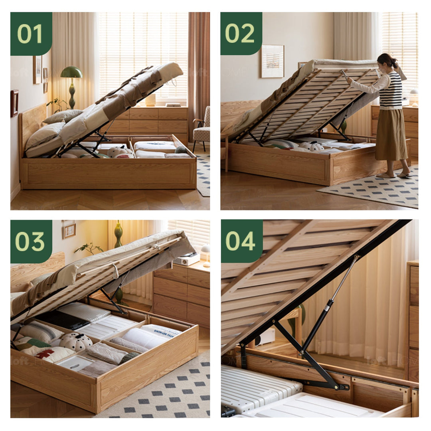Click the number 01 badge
pos(31,34)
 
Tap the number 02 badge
pos(241,34)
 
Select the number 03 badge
pos(31,241)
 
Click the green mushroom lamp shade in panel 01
pos(71,73)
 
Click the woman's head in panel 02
pos(386,61)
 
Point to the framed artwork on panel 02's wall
pos(272,61)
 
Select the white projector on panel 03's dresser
pos(186,259)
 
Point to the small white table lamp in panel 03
pos(206,252)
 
